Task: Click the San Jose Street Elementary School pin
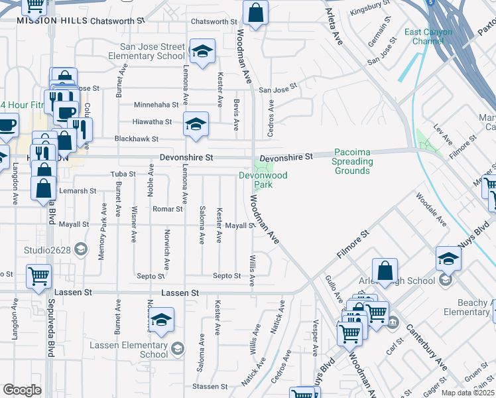[202, 51]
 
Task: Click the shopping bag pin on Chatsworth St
[255, 13]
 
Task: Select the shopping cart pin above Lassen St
[38, 275]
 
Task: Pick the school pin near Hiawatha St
[195, 124]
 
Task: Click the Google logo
[22, 390]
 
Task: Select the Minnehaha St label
[156, 105]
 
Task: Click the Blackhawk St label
[137, 139]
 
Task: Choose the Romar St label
[168, 209]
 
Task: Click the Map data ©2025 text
[467, 393]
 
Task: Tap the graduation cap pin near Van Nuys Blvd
[448, 259]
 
